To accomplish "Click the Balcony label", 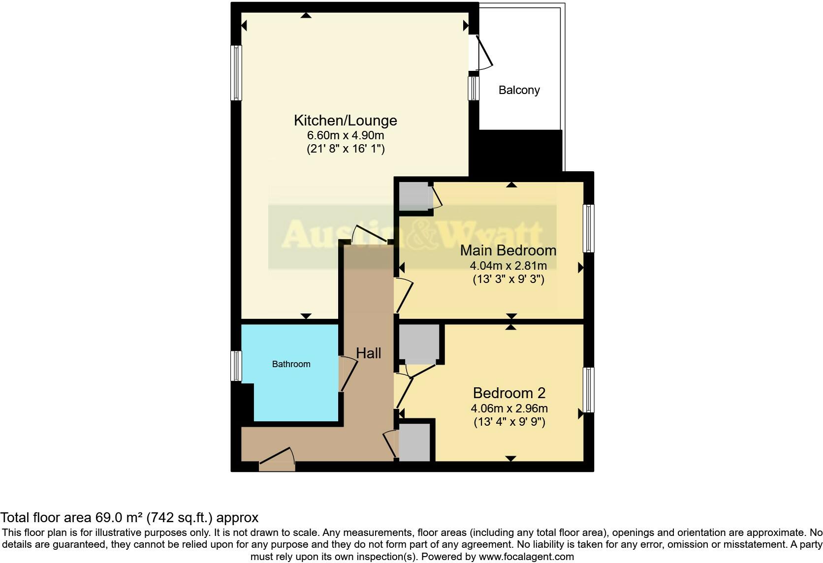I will click(519, 90).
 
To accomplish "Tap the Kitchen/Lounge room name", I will click(345, 120).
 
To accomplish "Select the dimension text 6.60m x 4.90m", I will click(345, 135).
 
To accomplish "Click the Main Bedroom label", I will click(508, 250).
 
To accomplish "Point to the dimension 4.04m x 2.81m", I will click(508, 266).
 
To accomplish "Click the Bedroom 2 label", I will click(509, 393).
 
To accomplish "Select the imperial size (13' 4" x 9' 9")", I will click(509, 422).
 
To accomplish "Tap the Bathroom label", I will click(291, 364).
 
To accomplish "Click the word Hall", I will click(368, 353).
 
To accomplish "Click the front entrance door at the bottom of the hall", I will click(277, 460).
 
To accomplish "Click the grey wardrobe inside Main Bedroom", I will click(414, 196).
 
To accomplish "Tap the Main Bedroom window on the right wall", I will click(589, 228).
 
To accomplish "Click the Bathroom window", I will click(236, 366).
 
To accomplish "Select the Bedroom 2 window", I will click(589, 390).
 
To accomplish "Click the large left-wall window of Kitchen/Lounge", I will click(236, 73).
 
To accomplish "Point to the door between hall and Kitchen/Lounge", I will click(370, 234).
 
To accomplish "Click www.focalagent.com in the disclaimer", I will click(526, 557).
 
